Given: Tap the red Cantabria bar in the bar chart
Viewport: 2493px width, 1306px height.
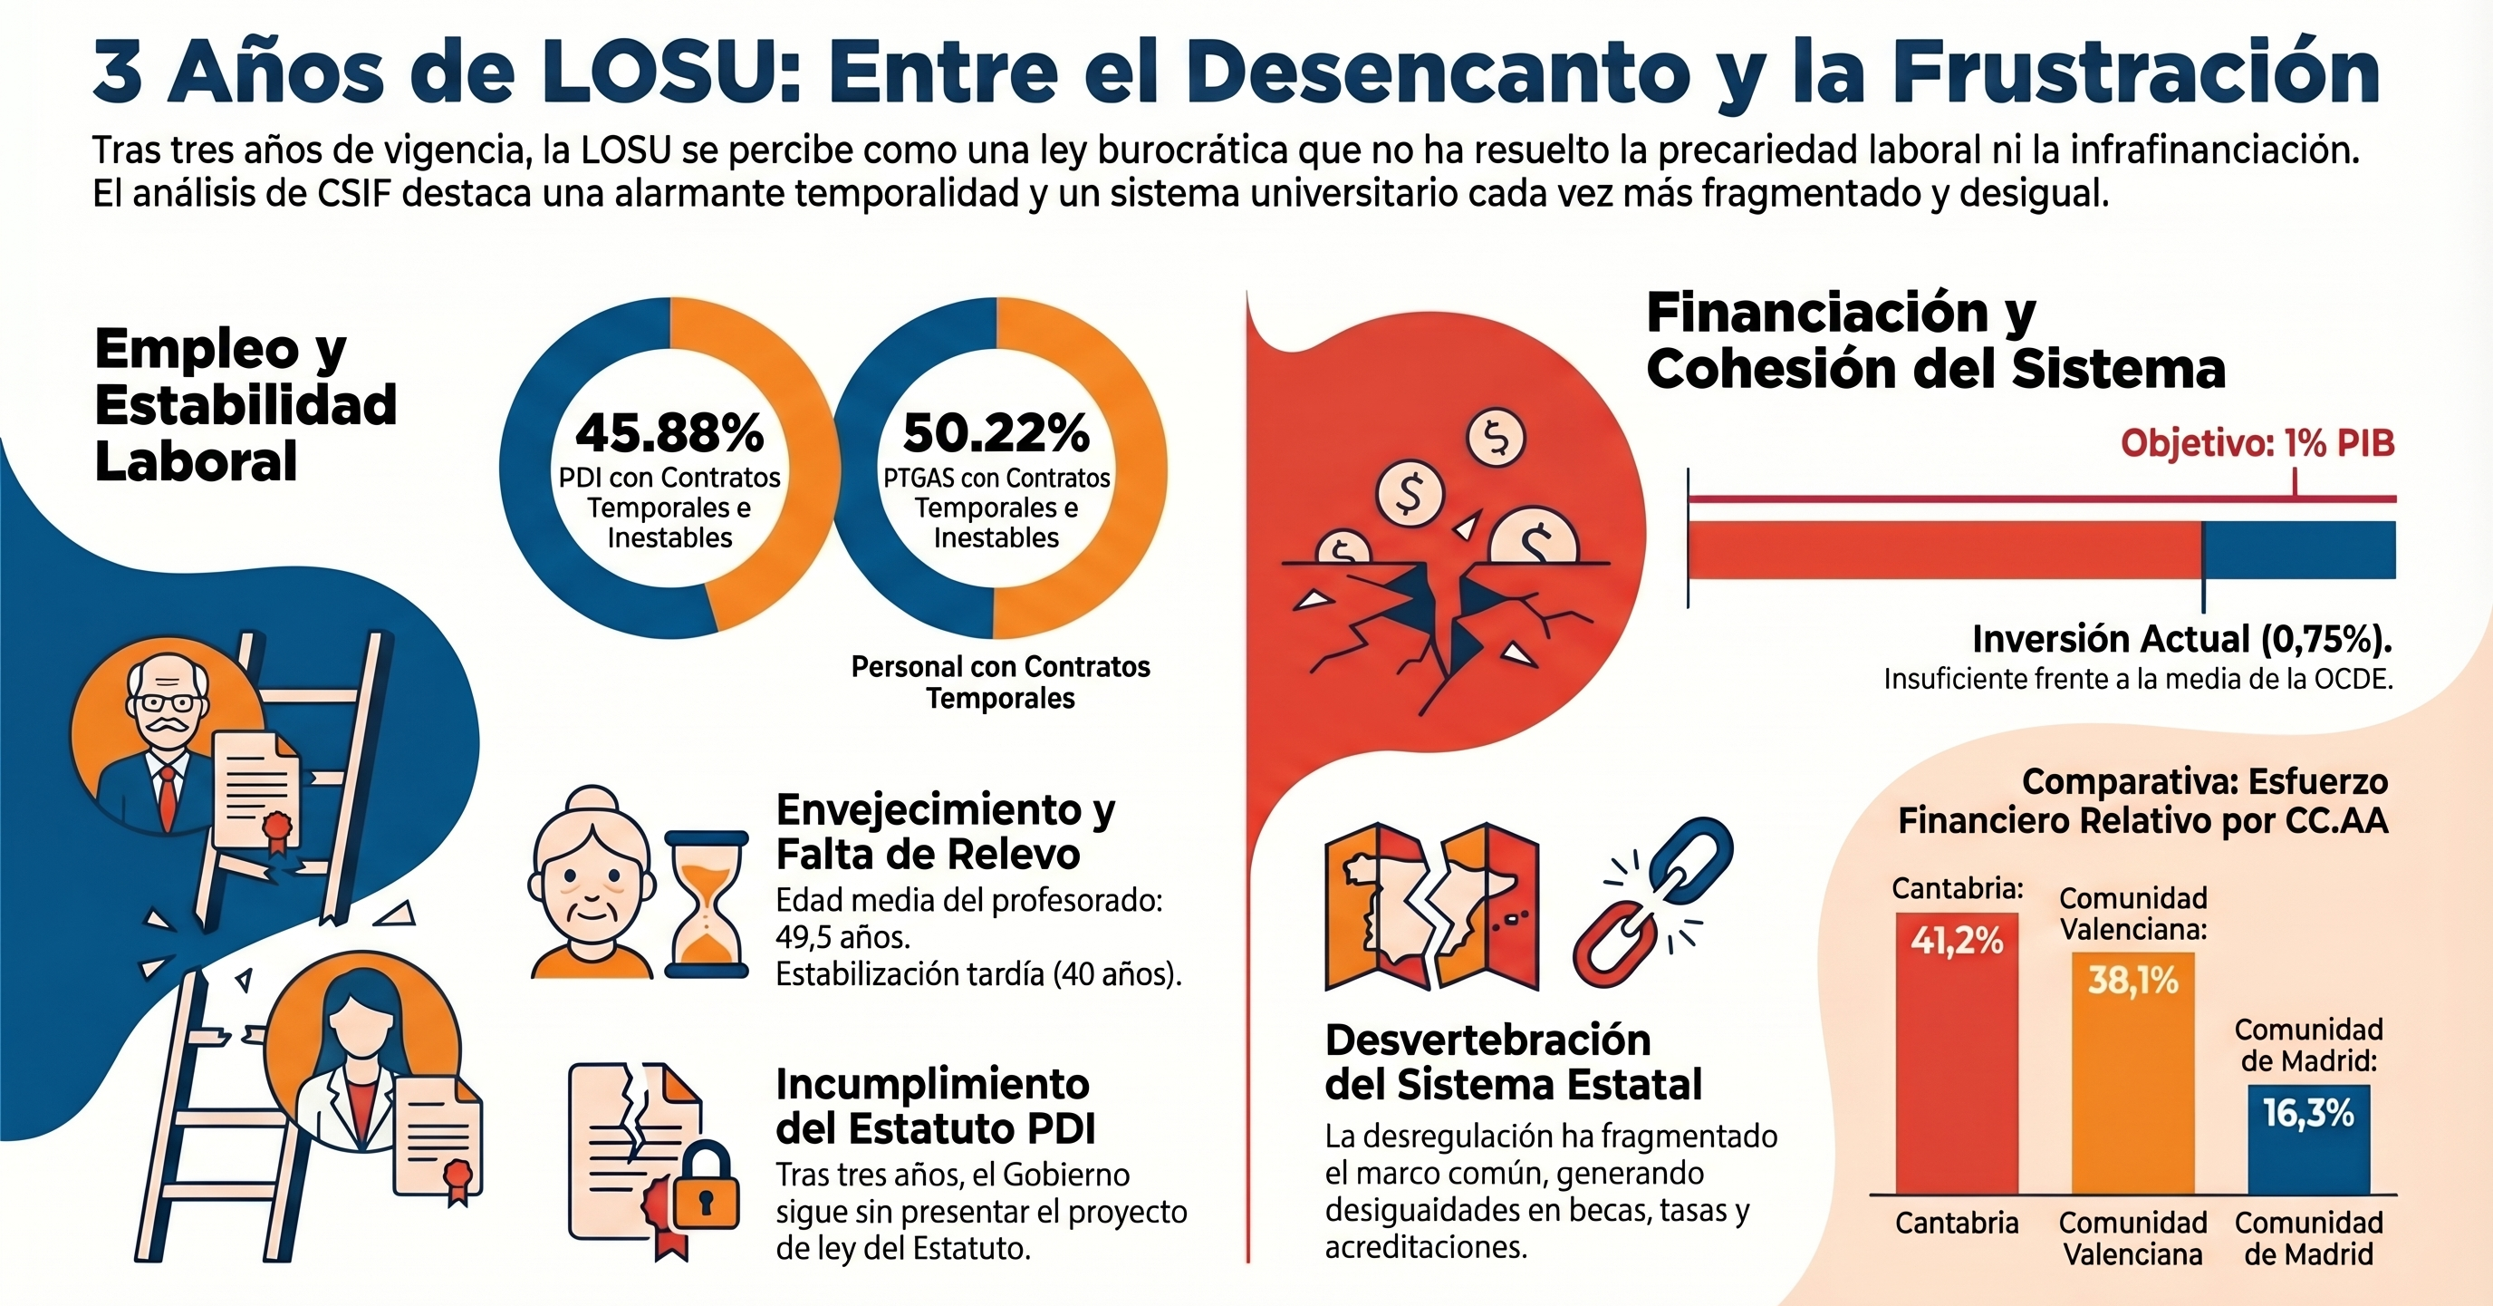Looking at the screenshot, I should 1956,1065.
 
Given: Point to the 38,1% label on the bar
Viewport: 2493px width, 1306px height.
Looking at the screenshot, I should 2132,981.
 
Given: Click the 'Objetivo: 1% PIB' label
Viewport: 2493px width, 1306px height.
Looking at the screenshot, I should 2257,443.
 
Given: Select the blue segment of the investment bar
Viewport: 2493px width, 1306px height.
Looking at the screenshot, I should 2298,550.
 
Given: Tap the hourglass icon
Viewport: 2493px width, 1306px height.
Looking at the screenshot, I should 707,904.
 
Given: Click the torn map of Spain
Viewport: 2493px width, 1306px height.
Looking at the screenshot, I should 1430,905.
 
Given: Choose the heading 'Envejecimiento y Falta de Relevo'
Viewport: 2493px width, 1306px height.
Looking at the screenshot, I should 945,832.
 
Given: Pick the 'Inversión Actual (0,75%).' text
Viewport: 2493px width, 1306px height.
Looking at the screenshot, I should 2181,639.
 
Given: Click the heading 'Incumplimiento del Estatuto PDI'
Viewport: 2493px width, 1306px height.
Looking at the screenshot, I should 935,1106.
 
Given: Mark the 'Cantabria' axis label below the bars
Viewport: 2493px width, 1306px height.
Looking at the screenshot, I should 1956,1224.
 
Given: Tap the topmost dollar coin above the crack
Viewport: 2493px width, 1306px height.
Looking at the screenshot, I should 1497,439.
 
